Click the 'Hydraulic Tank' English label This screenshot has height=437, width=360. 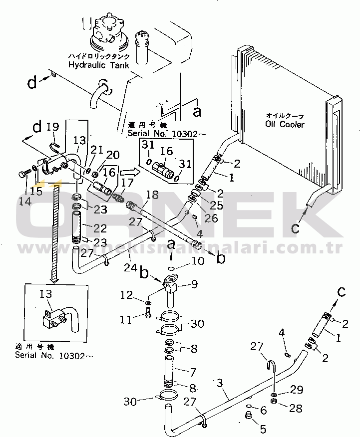coord(98,65)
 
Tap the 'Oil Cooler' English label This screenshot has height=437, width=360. coord(285,124)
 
